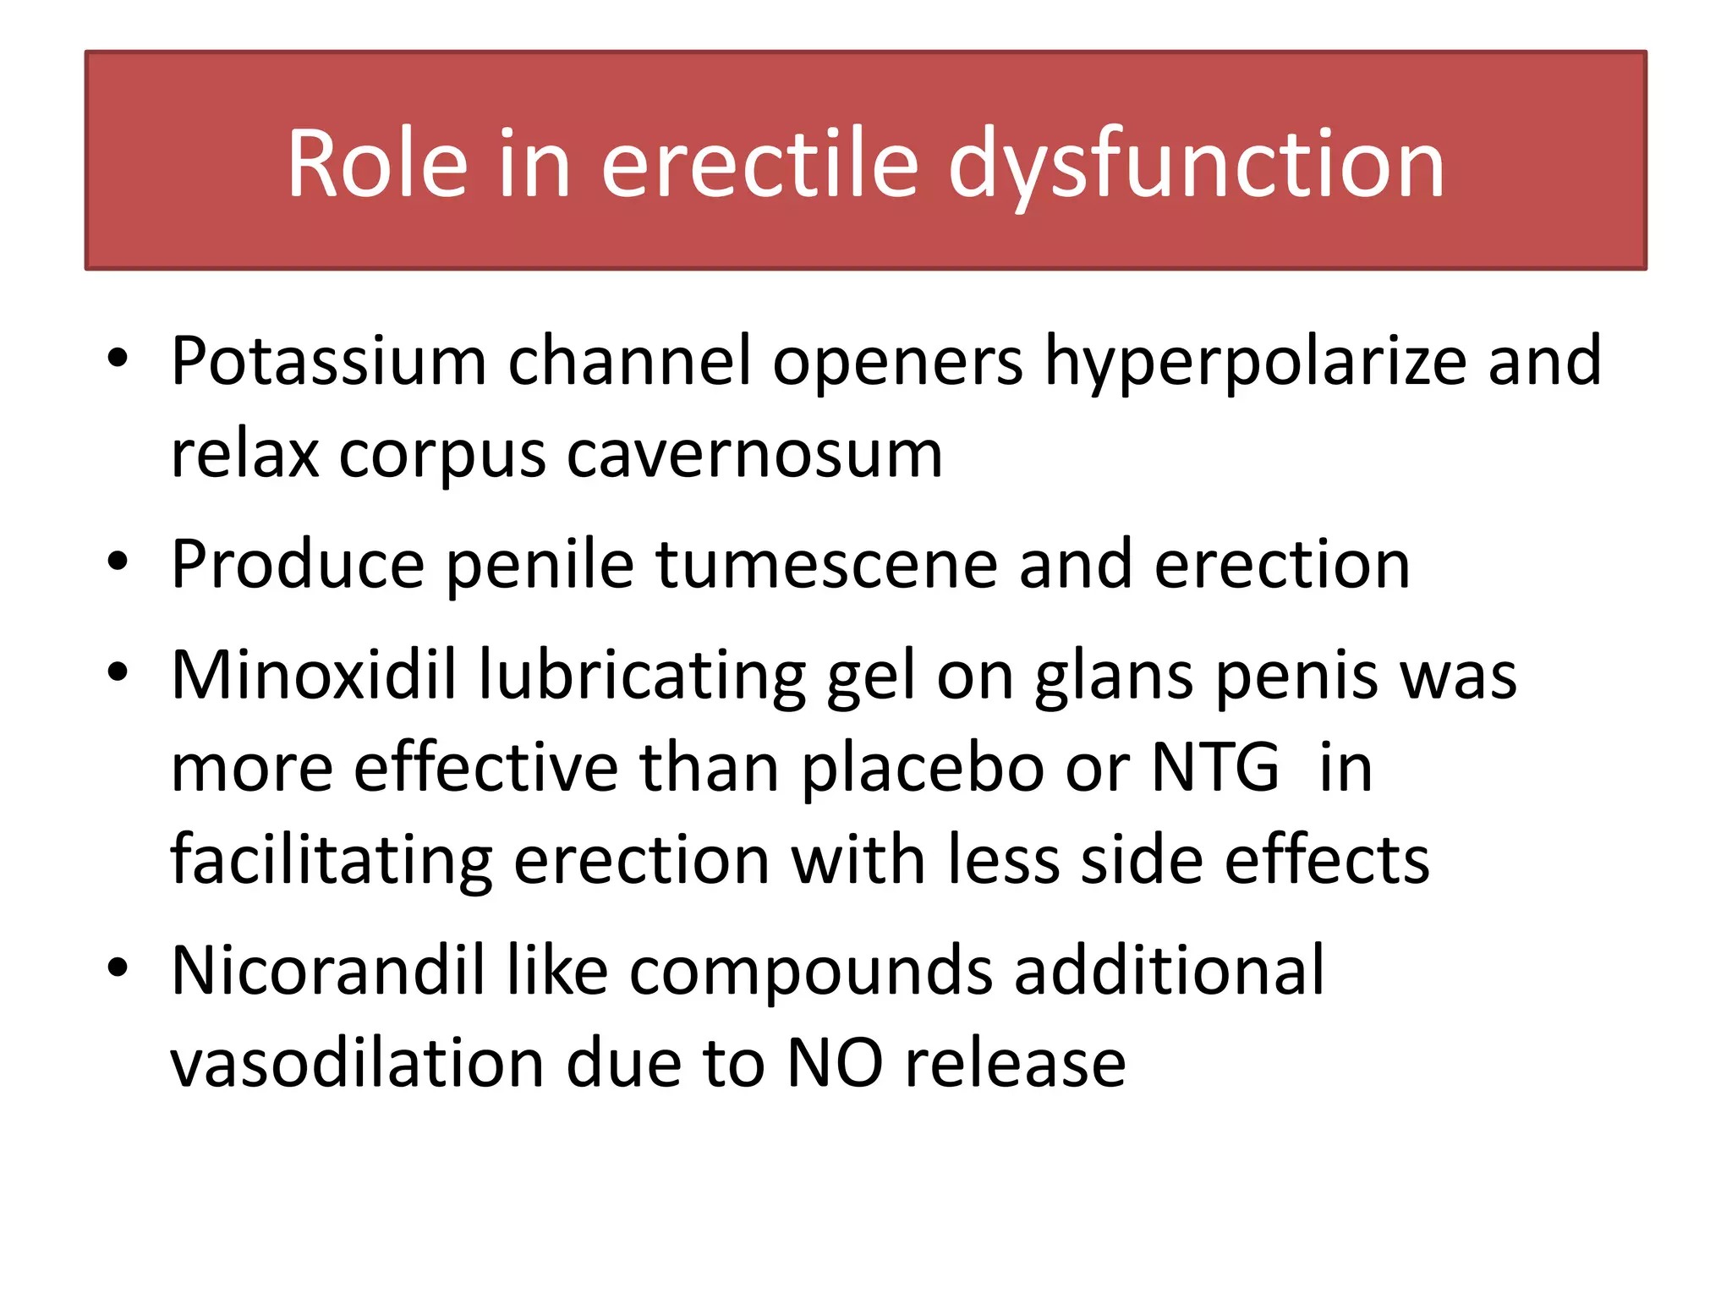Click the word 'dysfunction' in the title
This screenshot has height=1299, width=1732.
click(1196, 164)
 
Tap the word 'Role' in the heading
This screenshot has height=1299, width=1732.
click(377, 164)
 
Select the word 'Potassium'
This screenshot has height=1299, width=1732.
click(328, 362)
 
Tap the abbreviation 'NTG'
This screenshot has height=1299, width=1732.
click(1215, 767)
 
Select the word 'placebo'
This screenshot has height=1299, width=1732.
click(922, 767)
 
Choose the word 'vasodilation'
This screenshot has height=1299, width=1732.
click(357, 1063)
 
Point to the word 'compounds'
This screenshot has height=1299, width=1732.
click(811, 970)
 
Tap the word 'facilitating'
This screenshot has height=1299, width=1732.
click(331, 860)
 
